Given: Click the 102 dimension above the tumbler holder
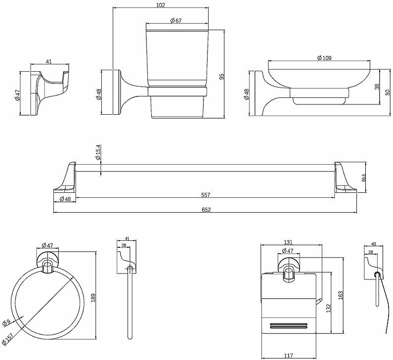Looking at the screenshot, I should [159, 5].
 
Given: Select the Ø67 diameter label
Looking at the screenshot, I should [176, 20].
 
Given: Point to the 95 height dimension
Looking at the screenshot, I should [222, 77].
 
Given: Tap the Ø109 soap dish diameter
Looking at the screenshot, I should [324, 58].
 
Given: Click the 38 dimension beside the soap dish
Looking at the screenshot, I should [377, 87].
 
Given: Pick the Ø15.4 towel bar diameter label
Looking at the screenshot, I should [98, 152].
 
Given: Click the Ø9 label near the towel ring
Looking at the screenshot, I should [6, 322].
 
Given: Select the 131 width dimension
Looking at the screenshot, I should [289, 242].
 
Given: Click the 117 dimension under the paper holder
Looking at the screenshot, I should [288, 355].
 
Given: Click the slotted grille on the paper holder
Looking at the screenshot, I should [290, 326].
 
